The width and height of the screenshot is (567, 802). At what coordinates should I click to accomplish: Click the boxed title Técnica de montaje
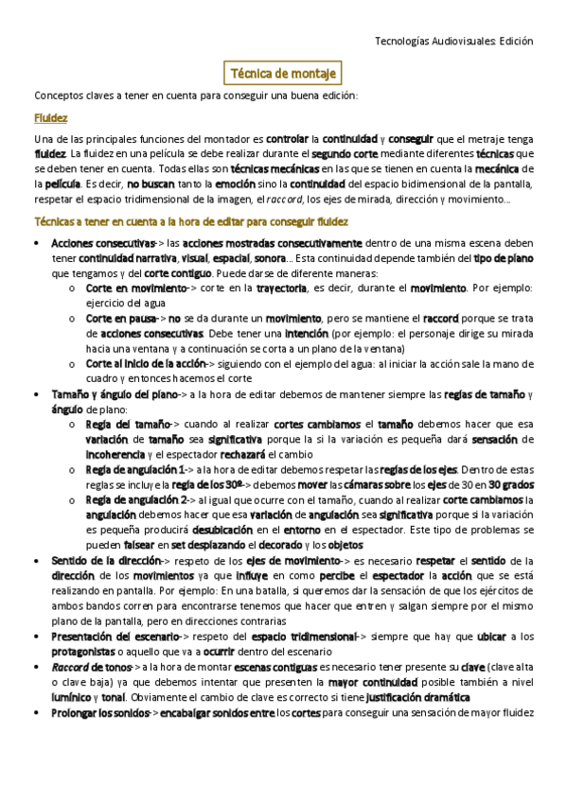pos(284,73)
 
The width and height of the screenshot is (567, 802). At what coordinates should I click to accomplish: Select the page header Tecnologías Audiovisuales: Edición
pos(454,42)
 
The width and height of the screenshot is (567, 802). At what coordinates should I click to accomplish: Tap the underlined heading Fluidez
pos(50,119)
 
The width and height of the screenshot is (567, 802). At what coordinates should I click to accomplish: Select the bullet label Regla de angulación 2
pos(133,500)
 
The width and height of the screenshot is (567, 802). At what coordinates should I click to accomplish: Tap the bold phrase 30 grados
pos(509,485)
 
